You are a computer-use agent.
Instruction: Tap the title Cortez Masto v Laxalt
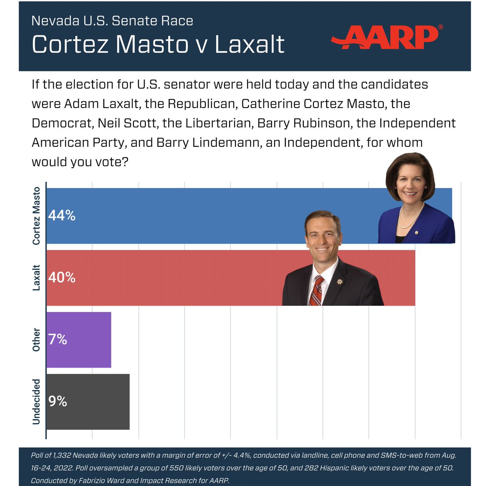click(158, 45)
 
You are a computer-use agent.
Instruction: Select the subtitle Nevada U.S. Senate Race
click(112, 21)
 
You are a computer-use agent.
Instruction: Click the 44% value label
click(62, 216)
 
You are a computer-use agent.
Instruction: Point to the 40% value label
click(62, 277)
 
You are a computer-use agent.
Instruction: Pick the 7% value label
click(57, 340)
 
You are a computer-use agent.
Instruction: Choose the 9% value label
click(57, 401)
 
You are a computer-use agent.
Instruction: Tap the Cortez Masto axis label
click(37, 216)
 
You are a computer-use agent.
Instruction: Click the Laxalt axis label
click(37, 277)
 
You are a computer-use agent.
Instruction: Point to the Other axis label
click(37, 340)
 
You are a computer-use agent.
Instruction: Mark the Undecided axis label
click(37, 401)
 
